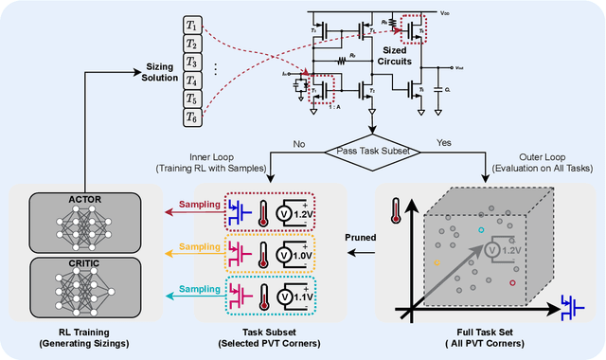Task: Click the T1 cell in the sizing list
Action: pos(191,26)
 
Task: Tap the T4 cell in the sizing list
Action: pos(191,80)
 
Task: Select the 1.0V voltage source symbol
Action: pos(297,254)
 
